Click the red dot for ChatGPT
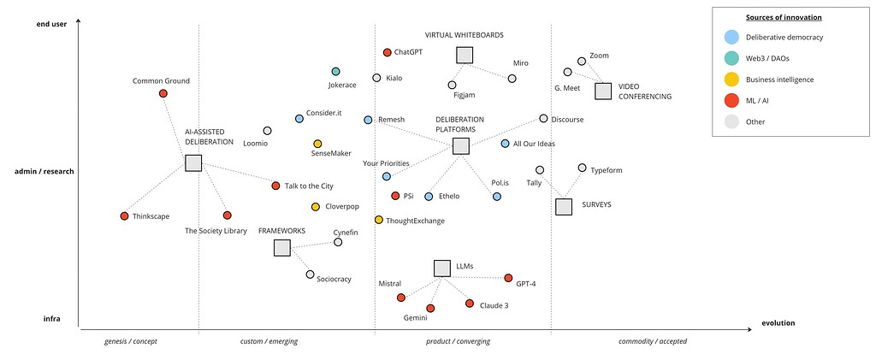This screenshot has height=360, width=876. [387, 53]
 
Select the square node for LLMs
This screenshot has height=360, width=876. [441, 268]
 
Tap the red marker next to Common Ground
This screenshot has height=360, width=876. [163, 93]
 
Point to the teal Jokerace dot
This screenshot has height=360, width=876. [335, 72]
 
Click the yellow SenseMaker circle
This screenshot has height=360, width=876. [317, 144]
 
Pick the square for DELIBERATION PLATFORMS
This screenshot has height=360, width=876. [460, 146]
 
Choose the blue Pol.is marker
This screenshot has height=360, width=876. [497, 197]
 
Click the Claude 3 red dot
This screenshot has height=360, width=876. [469, 304]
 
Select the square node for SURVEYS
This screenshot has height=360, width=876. [563, 206]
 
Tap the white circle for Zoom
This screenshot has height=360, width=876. [582, 62]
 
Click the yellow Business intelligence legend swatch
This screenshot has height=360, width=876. [731, 80]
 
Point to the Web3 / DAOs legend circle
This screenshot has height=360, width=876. [731, 58]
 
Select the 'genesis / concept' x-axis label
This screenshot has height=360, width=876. [131, 341]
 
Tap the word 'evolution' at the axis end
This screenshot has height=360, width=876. [778, 323]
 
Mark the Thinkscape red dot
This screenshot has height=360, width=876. [124, 215]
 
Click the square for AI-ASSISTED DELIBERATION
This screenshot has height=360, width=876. [193, 163]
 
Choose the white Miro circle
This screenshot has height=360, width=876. [512, 79]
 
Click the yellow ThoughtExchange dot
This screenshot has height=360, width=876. [378, 220]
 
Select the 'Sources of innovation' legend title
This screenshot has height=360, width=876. [784, 17]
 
